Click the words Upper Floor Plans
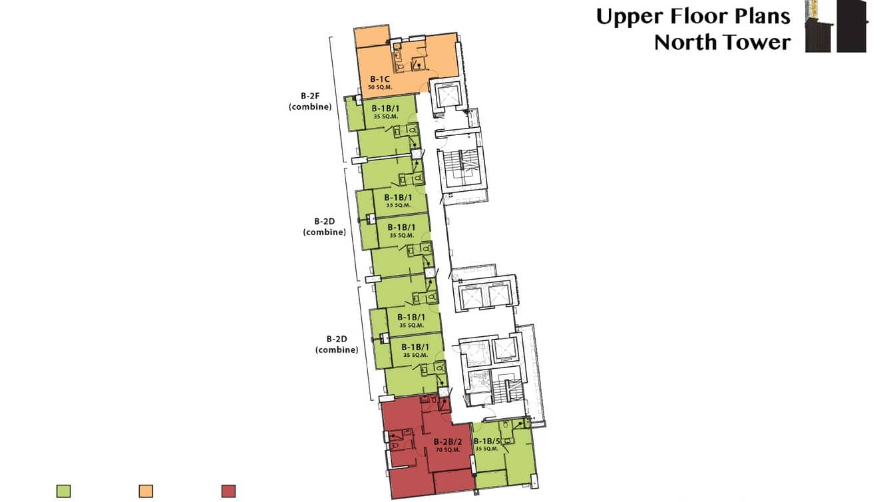(693, 16)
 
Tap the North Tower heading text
(722, 42)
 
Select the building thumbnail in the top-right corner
(836, 26)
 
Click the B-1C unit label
(381, 80)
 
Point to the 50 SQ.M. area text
(381, 88)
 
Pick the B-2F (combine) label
(310, 101)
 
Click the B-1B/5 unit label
(486, 441)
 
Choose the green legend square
(64, 491)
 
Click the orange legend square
(146, 491)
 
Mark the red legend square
(228, 491)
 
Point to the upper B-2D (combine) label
(324, 226)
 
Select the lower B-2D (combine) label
(337, 344)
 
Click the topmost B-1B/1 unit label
(385, 109)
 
